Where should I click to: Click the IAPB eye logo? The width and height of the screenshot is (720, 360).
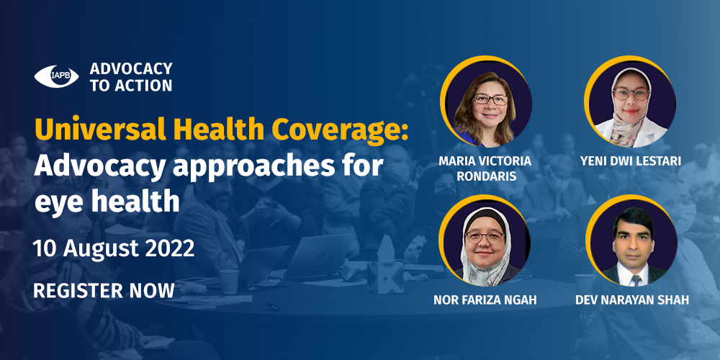(56, 76)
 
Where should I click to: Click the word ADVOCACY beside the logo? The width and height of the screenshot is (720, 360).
(131, 68)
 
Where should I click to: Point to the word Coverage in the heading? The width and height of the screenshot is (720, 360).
(340, 131)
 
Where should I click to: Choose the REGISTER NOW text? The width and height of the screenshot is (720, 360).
(104, 291)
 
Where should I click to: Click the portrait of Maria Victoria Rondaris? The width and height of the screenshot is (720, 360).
(486, 102)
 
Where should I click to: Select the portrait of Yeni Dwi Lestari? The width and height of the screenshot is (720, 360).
(630, 102)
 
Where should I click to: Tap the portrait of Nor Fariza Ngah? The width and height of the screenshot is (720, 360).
(485, 240)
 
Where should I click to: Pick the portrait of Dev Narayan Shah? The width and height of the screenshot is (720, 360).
(631, 240)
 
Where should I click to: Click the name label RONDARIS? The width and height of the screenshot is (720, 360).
(485, 176)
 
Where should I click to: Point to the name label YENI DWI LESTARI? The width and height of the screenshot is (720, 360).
(631, 161)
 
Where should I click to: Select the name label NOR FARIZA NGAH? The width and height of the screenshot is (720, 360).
(485, 301)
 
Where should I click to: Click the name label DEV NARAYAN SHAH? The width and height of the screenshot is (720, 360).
(632, 301)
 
